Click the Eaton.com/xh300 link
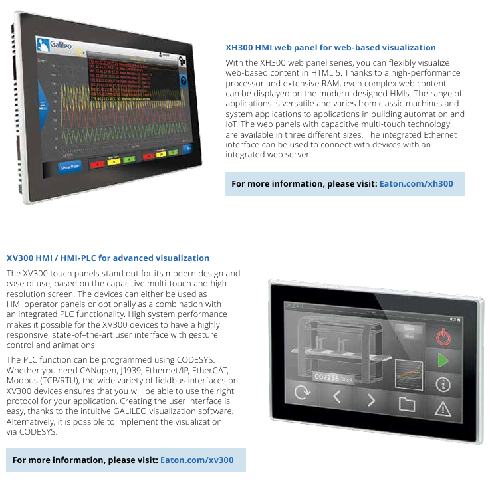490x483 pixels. [416, 184]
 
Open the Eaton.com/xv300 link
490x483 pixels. [197, 460]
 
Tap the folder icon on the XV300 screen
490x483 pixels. [406, 403]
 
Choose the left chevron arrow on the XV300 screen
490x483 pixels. [336, 398]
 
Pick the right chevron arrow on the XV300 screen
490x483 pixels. [371, 400]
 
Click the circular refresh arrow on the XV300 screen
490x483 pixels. [302, 393]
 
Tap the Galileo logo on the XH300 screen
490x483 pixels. [55, 45]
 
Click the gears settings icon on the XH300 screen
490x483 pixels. [183, 60]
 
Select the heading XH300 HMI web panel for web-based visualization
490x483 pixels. [330, 48]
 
